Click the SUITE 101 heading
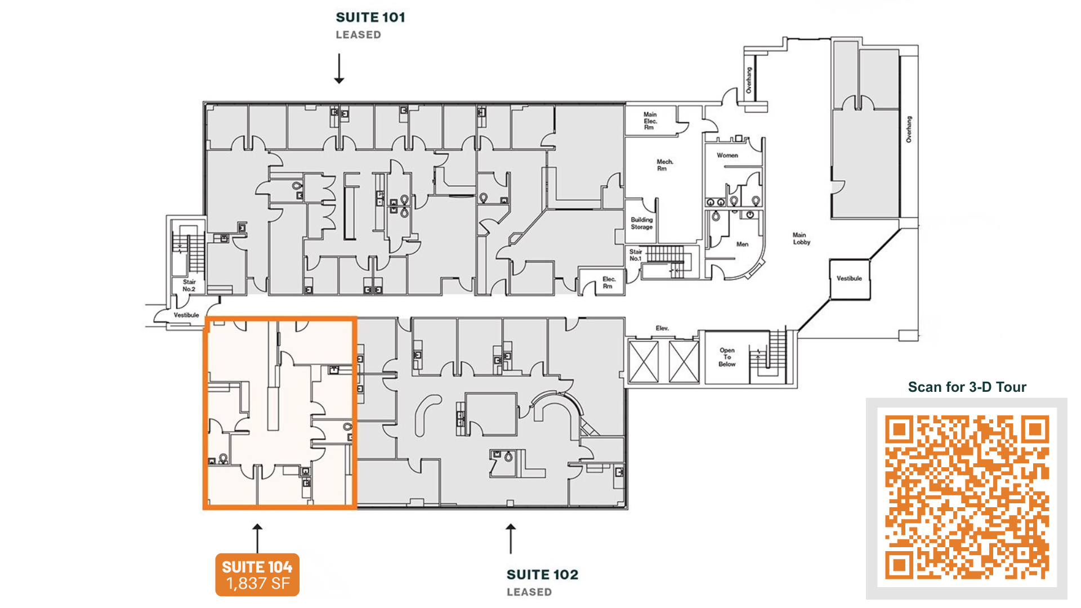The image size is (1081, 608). coord(370,17)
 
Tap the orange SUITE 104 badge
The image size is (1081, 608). coord(257,575)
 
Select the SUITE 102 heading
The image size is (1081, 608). coord(542,575)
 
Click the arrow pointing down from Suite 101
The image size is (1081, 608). coord(339,69)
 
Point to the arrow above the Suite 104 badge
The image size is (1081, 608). coord(257,539)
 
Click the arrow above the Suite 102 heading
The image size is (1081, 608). coord(511,539)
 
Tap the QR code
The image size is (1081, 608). coord(967,498)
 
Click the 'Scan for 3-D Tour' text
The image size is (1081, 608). coord(967,387)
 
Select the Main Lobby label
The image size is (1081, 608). coord(801,239)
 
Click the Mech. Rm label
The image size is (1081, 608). coord(664,165)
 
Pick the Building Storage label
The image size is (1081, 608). coord(642,223)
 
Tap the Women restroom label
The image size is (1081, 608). coord(727,155)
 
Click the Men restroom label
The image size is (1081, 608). coord(743,244)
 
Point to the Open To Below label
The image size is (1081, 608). coord(727,357)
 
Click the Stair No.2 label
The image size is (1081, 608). coord(189,285)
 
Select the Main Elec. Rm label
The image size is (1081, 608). coord(650,121)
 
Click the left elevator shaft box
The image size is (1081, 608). coord(644,361)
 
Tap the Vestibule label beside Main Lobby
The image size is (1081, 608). coord(849,279)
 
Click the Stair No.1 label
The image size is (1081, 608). coord(636,255)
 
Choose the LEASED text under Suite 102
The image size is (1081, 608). coord(529,592)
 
